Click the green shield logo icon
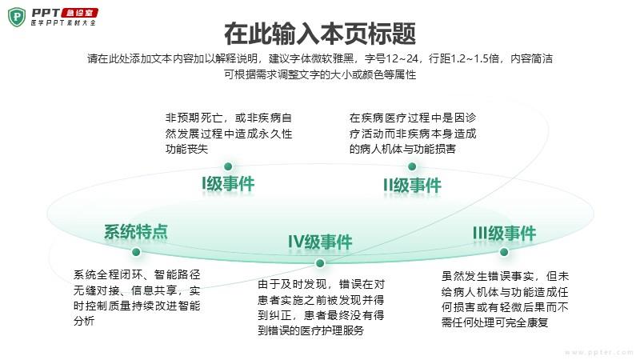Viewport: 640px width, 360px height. pyautogui.click(x=17, y=17)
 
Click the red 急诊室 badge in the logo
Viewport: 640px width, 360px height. pyautogui.click(x=79, y=13)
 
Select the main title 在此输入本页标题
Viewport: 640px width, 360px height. pyautogui.click(x=320, y=34)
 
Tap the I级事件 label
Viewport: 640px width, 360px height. pyautogui.click(x=228, y=184)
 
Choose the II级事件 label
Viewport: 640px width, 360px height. pyautogui.click(x=412, y=186)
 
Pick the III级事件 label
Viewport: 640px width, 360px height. pyautogui.click(x=505, y=234)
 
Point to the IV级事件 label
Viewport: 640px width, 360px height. pyautogui.click(x=320, y=242)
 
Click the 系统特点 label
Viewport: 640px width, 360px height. pyautogui.click(x=136, y=232)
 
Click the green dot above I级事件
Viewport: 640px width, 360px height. pyautogui.click(x=228, y=166)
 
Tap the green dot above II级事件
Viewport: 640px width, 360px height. pyautogui.click(x=412, y=166)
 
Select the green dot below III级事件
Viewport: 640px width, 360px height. pyautogui.click(x=504, y=252)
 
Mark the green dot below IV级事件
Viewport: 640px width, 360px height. pyautogui.click(x=320, y=263)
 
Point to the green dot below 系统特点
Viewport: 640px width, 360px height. pyautogui.click(x=136, y=252)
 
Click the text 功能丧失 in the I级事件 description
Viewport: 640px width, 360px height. pyautogui.click(x=187, y=149)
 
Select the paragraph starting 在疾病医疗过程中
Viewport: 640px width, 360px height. pyautogui.click(x=413, y=134)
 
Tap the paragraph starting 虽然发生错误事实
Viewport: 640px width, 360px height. pyautogui.click(x=505, y=299)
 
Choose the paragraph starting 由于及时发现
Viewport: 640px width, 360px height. pyautogui.click(x=322, y=307)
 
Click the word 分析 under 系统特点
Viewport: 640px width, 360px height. pyautogui.click(x=84, y=321)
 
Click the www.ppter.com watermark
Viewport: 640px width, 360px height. pyautogui.click(x=599, y=352)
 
